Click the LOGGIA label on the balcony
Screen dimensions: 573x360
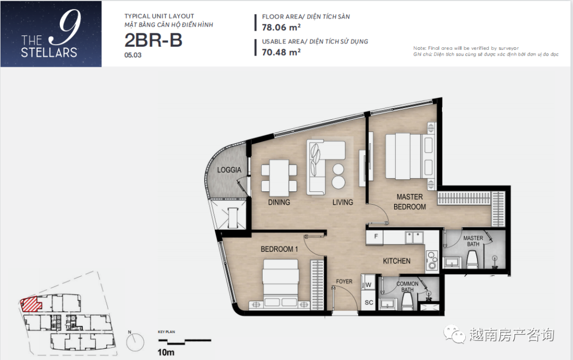click(x=229, y=170)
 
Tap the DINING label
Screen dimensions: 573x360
click(x=279, y=203)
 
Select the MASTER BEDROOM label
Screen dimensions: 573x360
click(x=410, y=201)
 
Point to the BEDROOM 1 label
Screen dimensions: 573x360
click(x=279, y=249)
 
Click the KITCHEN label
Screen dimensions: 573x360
click(x=396, y=261)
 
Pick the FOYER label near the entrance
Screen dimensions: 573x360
click(x=344, y=282)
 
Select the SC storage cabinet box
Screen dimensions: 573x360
click(x=368, y=302)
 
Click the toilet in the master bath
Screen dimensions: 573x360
click(x=473, y=260)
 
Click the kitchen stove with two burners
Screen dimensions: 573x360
click(x=432, y=260)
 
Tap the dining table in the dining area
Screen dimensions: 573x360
click(x=279, y=178)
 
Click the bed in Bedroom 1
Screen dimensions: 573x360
click(x=280, y=283)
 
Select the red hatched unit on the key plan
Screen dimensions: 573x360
click(x=31, y=304)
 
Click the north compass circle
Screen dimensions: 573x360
click(x=135, y=343)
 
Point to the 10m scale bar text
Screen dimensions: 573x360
click(x=166, y=353)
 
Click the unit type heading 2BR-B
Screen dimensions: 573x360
click(x=153, y=40)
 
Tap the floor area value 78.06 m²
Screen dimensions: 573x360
click(x=281, y=28)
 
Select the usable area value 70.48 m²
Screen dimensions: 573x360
click(x=281, y=52)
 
